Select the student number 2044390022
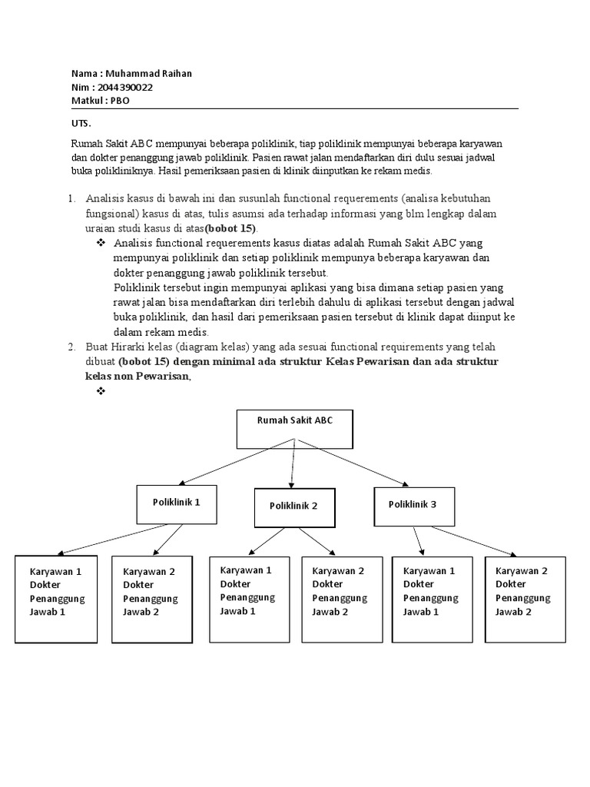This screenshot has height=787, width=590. (x=123, y=87)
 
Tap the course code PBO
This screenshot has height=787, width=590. (x=121, y=101)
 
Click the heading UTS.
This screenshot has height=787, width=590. (x=81, y=123)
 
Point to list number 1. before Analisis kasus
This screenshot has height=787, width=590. (x=71, y=198)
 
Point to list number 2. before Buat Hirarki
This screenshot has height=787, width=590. (x=71, y=347)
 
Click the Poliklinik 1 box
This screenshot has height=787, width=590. (x=176, y=503)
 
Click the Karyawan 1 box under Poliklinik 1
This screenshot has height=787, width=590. (x=55, y=599)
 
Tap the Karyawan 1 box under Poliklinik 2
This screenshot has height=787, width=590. (x=249, y=599)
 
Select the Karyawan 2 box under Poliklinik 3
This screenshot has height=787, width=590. (x=525, y=599)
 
